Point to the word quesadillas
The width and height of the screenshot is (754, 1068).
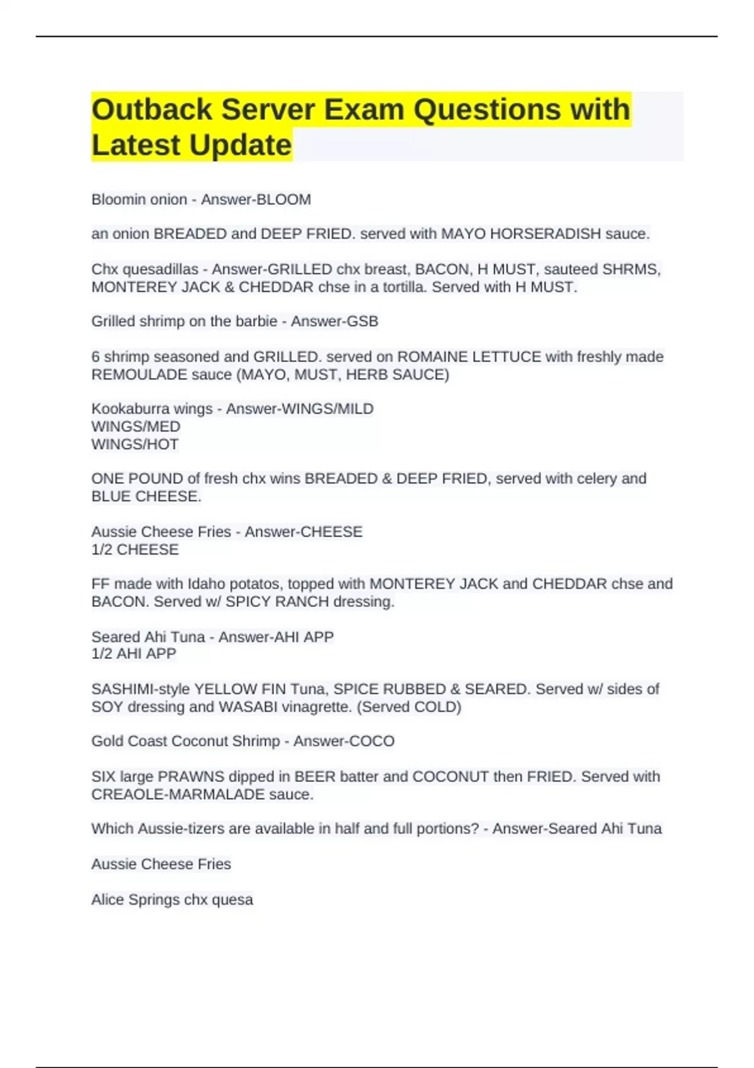[x=160, y=269]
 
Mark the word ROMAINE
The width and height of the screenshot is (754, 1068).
[x=432, y=357]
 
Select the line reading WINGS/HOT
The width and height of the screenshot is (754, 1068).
[x=135, y=444]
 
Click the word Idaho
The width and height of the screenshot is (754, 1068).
[x=207, y=584]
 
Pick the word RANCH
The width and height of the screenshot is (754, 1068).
[x=304, y=601]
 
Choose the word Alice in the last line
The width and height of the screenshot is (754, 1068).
[x=107, y=900]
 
